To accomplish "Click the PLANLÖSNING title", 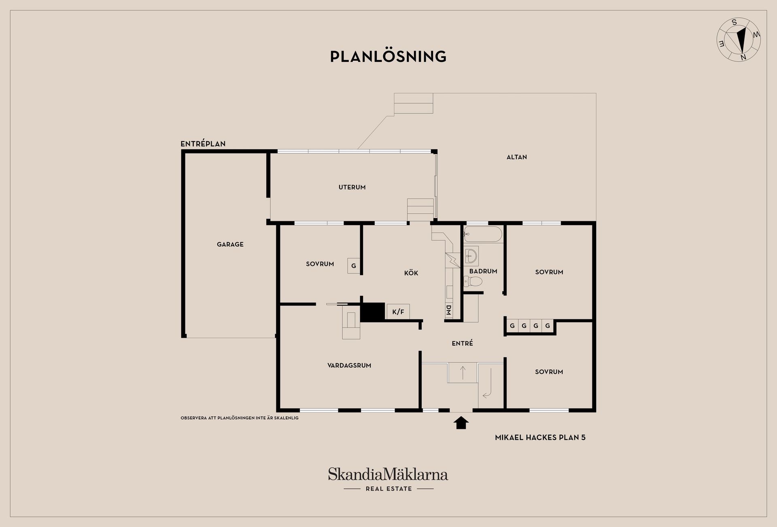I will pyautogui.click(x=388, y=56).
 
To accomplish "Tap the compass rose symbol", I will pyautogui.click(x=738, y=40).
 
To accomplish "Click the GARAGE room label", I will pyautogui.click(x=230, y=244).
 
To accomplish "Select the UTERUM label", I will pyautogui.click(x=352, y=187).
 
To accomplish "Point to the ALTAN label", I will pyautogui.click(x=517, y=157).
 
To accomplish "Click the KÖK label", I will pyautogui.click(x=411, y=273).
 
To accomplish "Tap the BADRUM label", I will pyautogui.click(x=483, y=271).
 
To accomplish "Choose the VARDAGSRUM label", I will pyautogui.click(x=349, y=365).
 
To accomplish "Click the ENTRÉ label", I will pyautogui.click(x=462, y=343).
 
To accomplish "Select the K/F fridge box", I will pyautogui.click(x=398, y=312).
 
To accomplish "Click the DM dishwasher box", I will pyautogui.click(x=448, y=310).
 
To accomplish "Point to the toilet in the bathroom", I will pyautogui.click(x=473, y=281).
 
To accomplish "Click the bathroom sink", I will pyautogui.click(x=471, y=255).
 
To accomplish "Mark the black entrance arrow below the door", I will pyautogui.click(x=461, y=423).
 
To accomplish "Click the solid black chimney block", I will pyautogui.click(x=372, y=312).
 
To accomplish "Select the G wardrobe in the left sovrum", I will pyautogui.click(x=354, y=266).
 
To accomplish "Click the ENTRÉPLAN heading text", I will pyautogui.click(x=203, y=144).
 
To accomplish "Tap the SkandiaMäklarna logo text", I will pyautogui.click(x=388, y=474).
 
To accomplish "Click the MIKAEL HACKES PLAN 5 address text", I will pyautogui.click(x=540, y=438).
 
